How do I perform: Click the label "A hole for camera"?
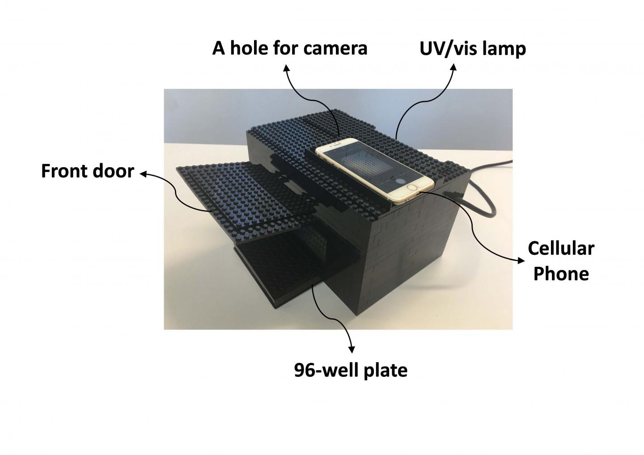289,48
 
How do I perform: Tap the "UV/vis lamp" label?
472,48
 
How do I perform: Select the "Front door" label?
87,171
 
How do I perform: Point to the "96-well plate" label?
351,370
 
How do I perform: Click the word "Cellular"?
561,248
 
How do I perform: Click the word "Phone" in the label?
561,273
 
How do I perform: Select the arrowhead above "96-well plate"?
352,349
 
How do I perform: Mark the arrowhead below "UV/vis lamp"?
454,67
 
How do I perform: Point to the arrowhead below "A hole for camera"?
286,67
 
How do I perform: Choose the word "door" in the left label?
113,171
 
